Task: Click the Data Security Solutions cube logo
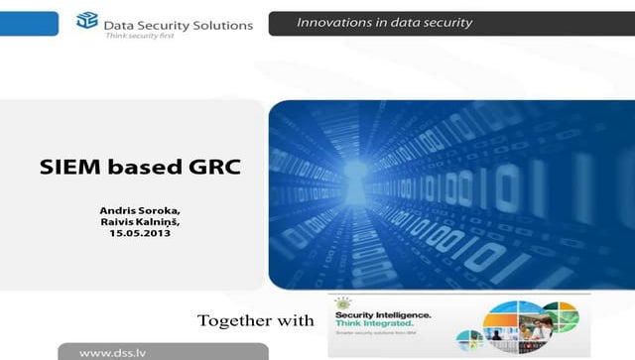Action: point(87,20)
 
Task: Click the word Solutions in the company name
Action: point(221,25)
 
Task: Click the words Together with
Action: point(256,320)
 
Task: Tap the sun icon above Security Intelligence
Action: point(345,301)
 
